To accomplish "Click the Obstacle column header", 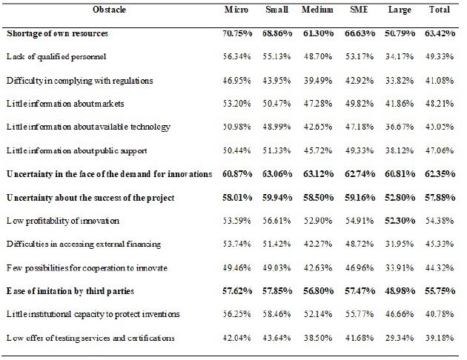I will (110, 10).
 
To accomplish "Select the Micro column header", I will (236, 10).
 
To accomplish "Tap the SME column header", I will (358, 10).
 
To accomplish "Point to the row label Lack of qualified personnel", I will (57, 56).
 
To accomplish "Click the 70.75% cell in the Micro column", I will (237, 33).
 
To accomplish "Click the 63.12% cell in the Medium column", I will (316, 174).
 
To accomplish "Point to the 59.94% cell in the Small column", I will (276, 198).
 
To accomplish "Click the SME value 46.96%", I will (357, 267).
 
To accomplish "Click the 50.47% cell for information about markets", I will (276, 104).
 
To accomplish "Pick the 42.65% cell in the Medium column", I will (316, 127).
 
